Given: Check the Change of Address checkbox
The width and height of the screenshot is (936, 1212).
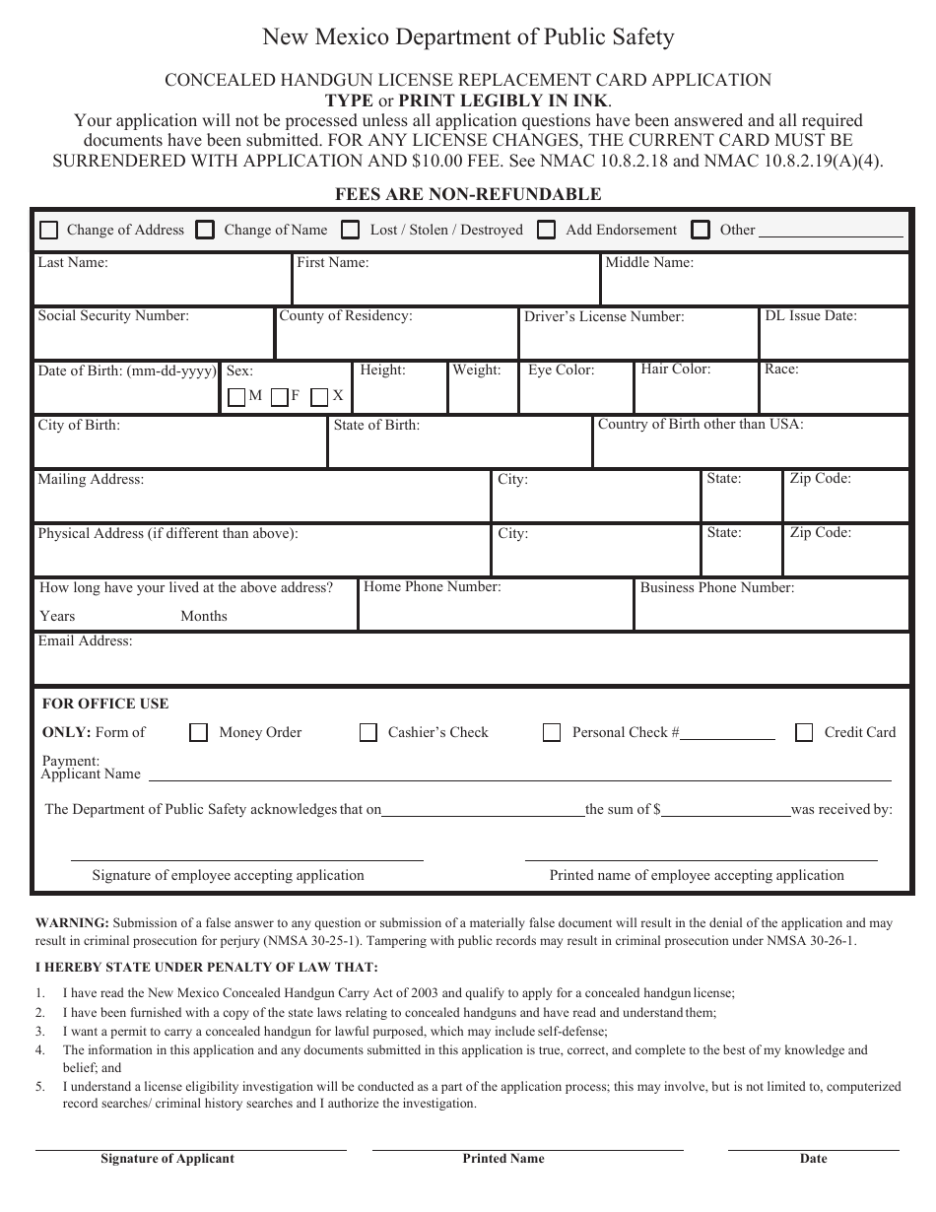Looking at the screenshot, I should click(x=48, y=230).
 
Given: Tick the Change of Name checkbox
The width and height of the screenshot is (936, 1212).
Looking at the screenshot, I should click(x=205, y=230).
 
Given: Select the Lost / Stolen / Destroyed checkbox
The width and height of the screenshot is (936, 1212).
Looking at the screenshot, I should click(x=351, y=230).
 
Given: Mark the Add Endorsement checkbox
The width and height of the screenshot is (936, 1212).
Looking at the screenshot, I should click(x=546, y=230).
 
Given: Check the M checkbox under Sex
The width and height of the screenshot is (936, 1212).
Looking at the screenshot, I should click(x=236, y=397).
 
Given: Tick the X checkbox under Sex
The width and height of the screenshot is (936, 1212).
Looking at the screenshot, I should click(x=319, y=397).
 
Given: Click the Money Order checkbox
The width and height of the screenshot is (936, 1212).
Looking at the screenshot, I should click(x=199, y=732).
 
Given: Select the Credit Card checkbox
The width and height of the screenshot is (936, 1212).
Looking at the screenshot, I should click(x=805, y=732).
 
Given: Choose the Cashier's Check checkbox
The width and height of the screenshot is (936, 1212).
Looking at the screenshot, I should click(x=368, y=732).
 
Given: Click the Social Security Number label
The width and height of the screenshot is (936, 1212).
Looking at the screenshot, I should click(x=113, y=316).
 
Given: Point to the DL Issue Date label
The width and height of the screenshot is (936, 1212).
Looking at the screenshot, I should click(x=811, y=316).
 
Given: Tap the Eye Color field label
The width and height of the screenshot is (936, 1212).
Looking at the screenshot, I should click(x=562, y=370).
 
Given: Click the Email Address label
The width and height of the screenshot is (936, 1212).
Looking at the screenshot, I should click(x=85, y=641).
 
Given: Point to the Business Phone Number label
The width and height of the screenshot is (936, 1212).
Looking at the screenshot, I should click(x=717, y=587).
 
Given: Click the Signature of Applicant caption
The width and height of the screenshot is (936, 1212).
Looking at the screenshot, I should click(x=167, y=1159).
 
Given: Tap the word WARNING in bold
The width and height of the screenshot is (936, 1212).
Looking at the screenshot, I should click(x=72, y=923).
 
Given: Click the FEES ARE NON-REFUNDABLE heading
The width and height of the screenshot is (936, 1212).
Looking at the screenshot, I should click(x=468, y=194).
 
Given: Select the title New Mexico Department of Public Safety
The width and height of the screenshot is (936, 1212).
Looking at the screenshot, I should click(x=468, y=37).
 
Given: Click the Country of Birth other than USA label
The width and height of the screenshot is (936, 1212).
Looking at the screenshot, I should click(x=701, y=425).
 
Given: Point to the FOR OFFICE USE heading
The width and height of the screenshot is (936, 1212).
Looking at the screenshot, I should click(x=105, y=704).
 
